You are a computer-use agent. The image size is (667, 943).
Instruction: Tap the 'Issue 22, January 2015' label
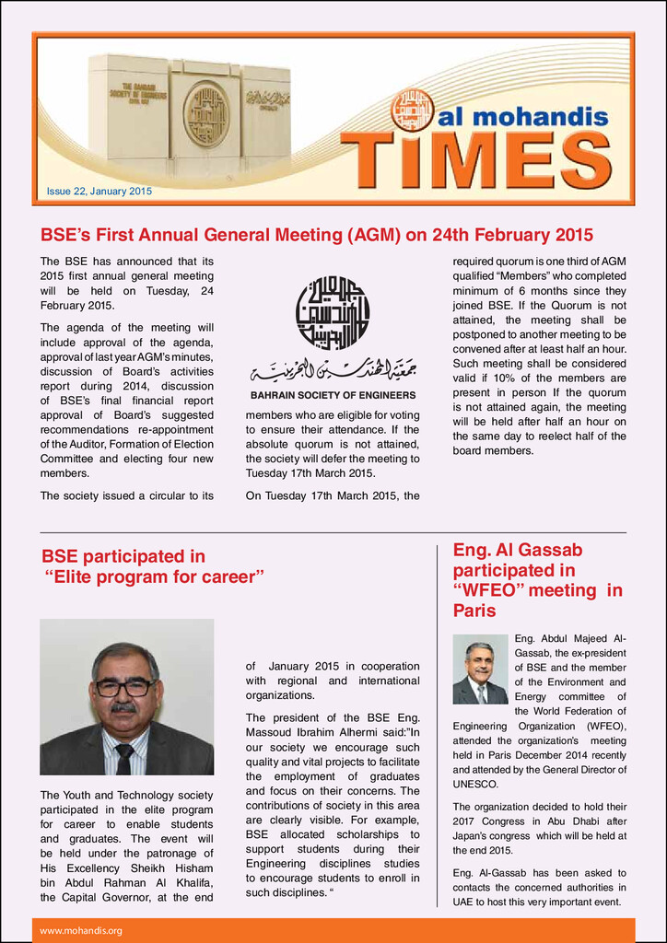[99, 192]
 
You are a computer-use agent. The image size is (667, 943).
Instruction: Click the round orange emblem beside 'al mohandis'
[412, 110]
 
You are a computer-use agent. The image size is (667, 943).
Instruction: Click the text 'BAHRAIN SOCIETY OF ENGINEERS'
[333, 396]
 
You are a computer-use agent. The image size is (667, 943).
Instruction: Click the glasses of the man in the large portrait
[125, 687]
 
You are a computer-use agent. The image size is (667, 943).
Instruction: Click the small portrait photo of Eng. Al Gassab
[480, 669]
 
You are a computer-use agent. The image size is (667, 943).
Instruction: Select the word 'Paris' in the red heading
[474, 611]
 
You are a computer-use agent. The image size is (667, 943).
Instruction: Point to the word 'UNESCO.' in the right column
[475, 785]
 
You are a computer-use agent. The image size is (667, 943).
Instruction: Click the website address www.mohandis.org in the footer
[81, 931]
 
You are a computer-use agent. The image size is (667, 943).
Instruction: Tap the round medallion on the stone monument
[205, 116]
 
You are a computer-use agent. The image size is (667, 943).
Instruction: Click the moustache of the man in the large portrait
[123, 708]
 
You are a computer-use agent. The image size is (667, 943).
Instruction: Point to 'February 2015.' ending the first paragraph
[77, 305]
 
